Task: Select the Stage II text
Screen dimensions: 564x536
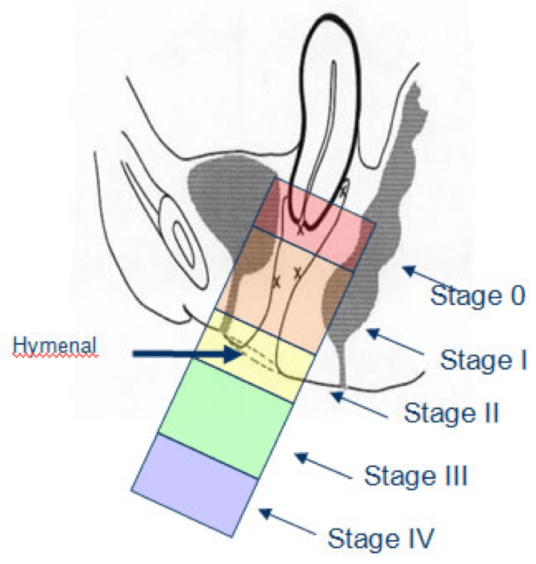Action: pyautogui.click(x=451, y=413)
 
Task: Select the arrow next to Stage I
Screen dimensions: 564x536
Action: pyautogui.click(x=393, y=344)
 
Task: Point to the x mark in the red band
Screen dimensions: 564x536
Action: pyautogui.click(x=300, y=230)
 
